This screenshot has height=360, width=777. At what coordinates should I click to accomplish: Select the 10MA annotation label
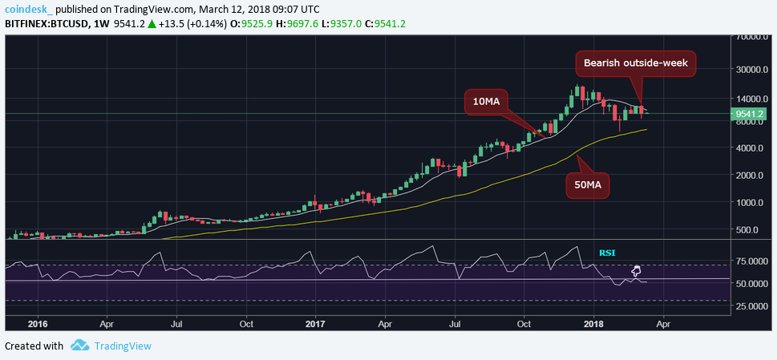(x=486, y=102)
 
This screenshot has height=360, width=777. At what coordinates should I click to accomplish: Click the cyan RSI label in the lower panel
(x=608, y=253)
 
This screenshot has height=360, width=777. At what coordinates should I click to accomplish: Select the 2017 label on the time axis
(x=315, y=326)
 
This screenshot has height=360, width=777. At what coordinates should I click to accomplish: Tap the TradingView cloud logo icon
(x=79, y=346)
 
